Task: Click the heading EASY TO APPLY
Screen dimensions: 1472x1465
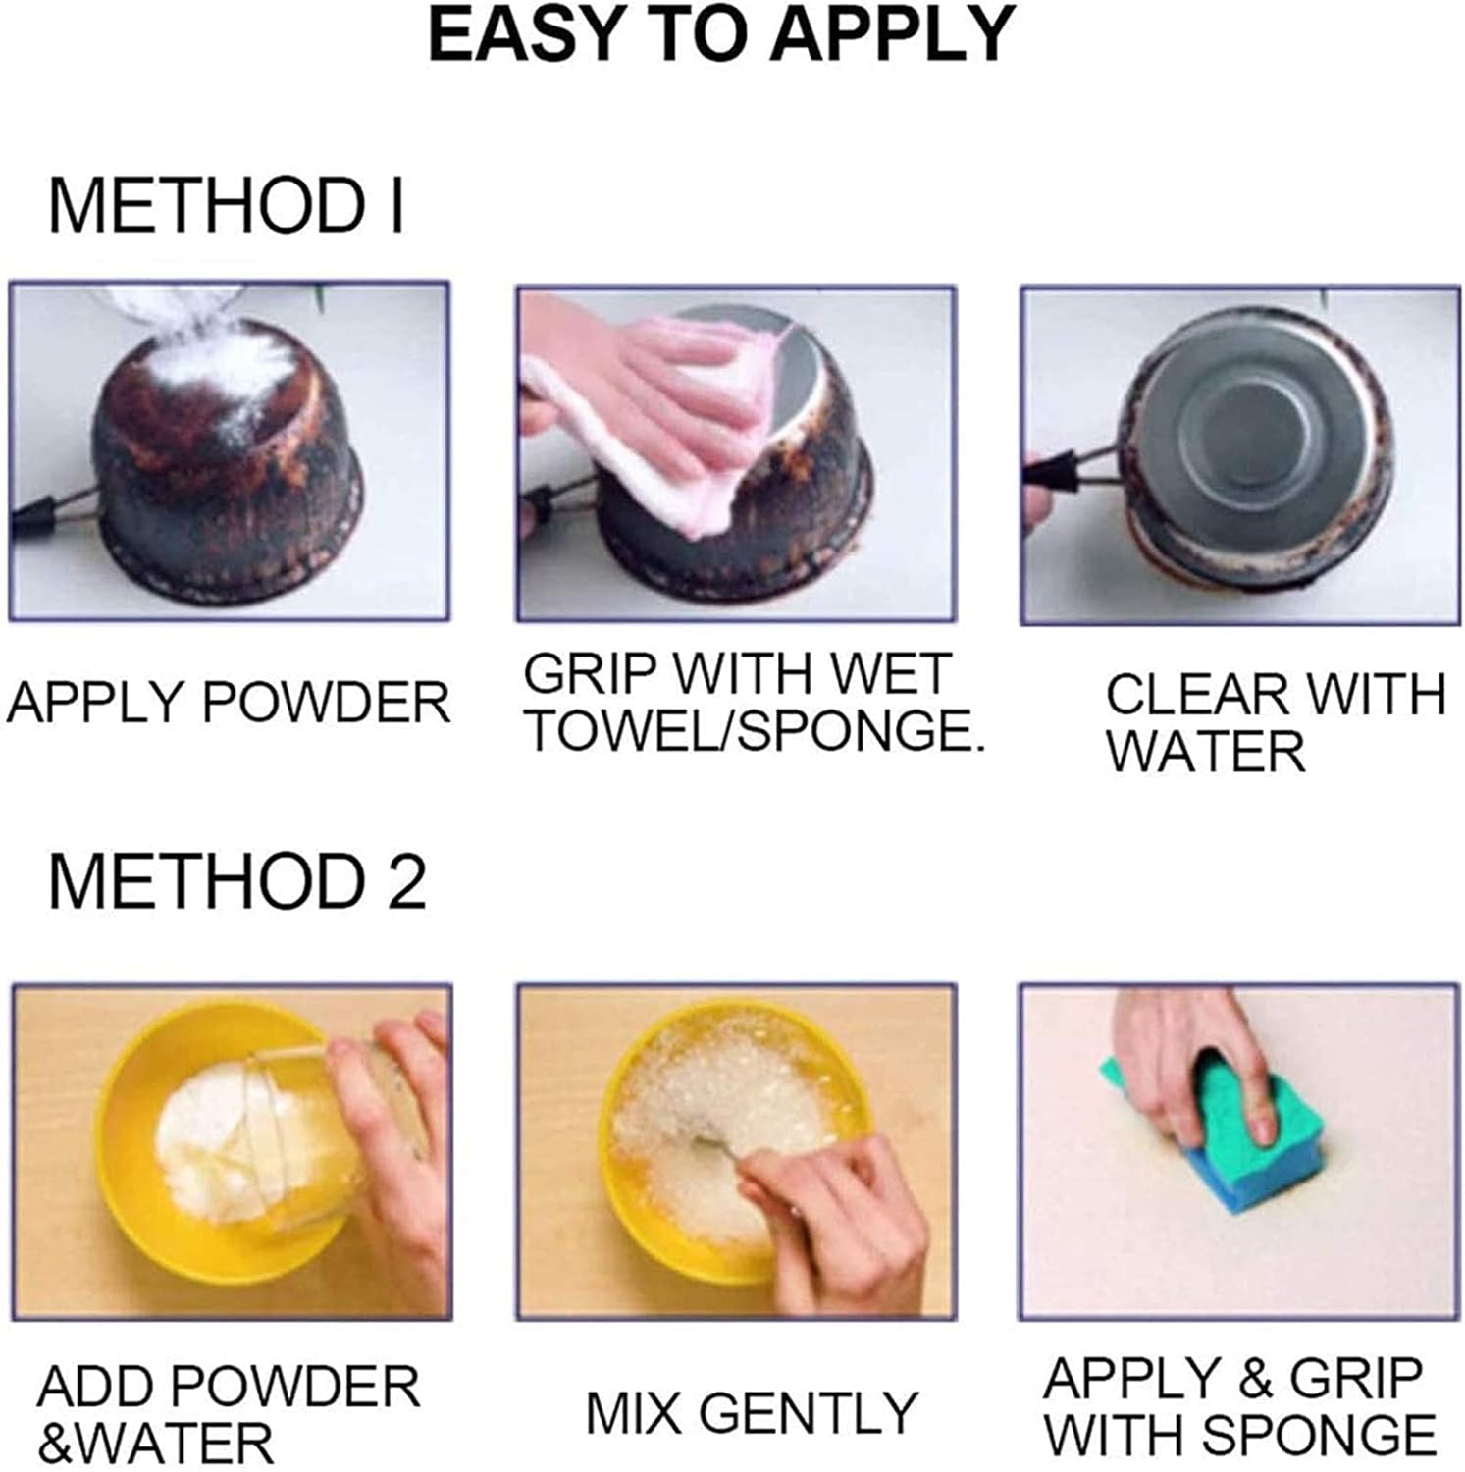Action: (721, 36)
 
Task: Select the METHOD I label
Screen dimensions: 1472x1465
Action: (227, 205)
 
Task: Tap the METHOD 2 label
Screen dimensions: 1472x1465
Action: (236, 880)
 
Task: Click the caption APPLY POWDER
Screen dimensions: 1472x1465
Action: (228, 703)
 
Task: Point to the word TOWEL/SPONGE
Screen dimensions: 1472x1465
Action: (753, 730)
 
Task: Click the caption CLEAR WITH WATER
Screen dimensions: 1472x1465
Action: (1275, 722)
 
